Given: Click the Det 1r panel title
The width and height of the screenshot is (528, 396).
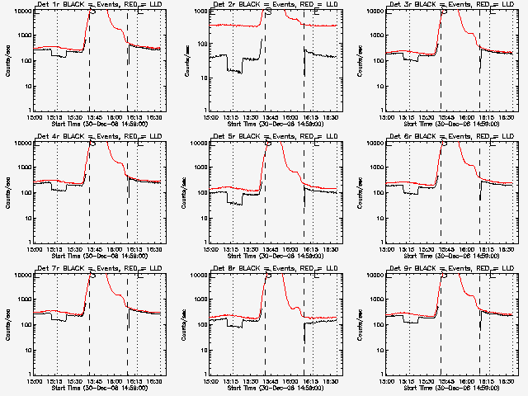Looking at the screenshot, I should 98,5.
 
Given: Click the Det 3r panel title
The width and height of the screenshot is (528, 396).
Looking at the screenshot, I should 450,5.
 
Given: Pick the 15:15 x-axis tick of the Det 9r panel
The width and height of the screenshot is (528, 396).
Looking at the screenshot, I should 408,380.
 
